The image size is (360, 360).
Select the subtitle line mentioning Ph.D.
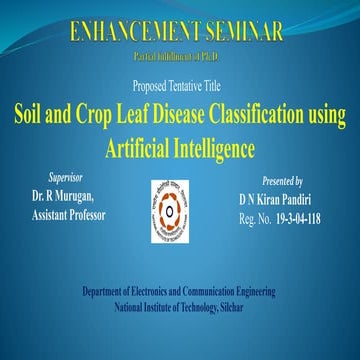[180, 52]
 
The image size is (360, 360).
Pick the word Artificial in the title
[135, 148]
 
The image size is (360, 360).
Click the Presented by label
[281, 182]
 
